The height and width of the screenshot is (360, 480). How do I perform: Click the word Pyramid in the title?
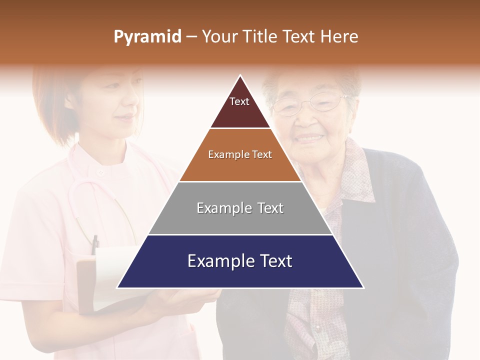click(x=147, y=37)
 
